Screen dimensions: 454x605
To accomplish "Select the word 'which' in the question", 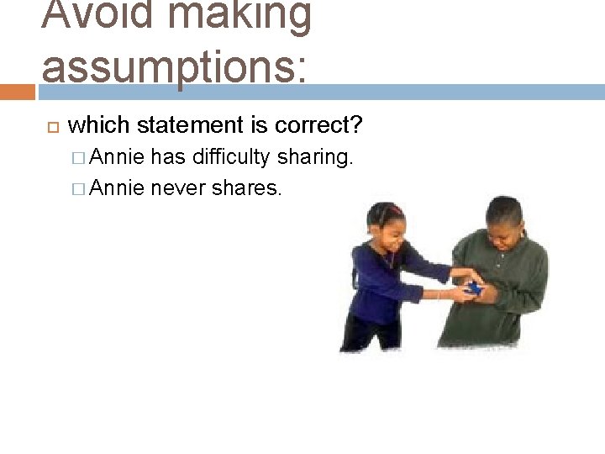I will (98, 126).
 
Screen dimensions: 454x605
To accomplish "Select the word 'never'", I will (178, 187).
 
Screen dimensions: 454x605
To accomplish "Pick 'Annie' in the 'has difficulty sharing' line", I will (117, 157).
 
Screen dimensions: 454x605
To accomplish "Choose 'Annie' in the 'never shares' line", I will (117, 187).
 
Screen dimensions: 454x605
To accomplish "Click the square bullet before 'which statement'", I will (50, 127).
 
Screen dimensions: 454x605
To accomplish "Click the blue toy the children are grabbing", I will (474, 288).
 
